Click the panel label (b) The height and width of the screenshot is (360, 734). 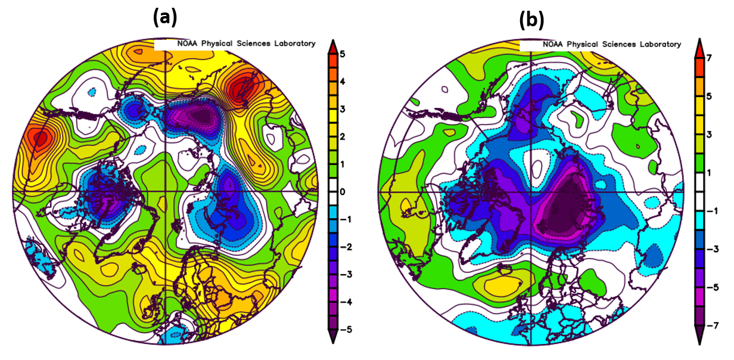(x=531, y=20)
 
